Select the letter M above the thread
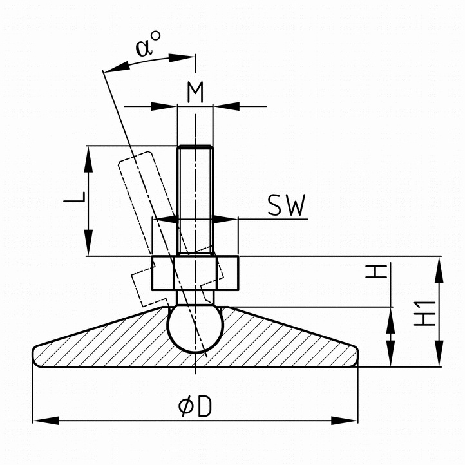tap(195, 92)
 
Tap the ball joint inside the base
tap(195, 328)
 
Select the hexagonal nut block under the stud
tap(195, 274)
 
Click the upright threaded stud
tap(195, 193)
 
